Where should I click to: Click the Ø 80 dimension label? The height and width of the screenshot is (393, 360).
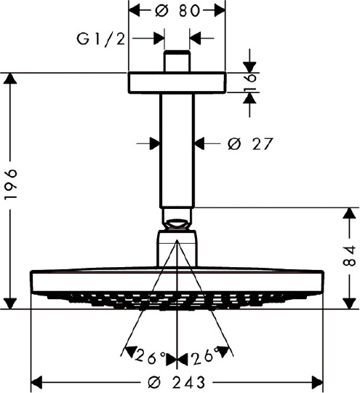pos(177,11)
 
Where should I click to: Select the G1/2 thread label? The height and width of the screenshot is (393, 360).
pos(100,39)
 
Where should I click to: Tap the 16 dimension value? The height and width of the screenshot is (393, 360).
pos(249,82)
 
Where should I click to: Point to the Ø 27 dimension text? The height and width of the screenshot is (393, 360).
pos(249,144)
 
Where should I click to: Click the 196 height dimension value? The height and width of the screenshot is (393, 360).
pos(12,184)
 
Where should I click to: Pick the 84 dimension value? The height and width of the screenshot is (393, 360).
pos(349,255)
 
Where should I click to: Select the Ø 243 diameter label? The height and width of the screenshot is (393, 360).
pos(177,383)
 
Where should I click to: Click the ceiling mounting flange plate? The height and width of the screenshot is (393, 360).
pos(177,83)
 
